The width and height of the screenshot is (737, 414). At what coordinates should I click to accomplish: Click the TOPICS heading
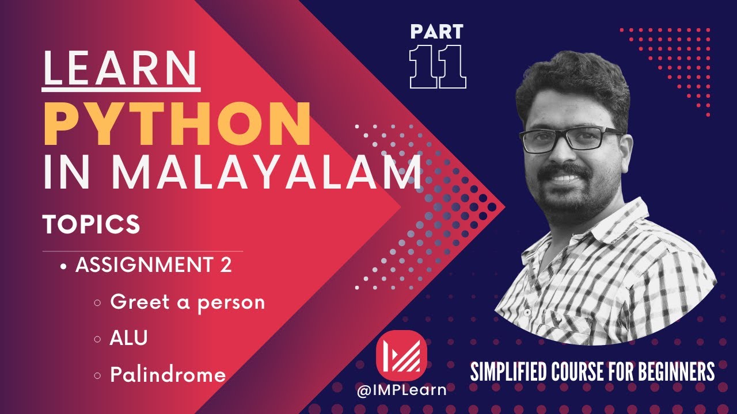[92, 224]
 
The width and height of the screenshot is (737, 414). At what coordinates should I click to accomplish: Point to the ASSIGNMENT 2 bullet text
[154, 266]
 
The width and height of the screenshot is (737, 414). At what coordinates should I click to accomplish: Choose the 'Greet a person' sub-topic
[187, 302]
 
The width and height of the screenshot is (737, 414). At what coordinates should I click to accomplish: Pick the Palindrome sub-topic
[168, 375]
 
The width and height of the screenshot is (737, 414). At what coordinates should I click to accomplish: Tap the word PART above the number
[438, 31]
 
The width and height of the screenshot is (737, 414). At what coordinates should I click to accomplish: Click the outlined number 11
[438, 67]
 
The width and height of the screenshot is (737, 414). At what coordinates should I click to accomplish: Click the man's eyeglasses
[570, 140]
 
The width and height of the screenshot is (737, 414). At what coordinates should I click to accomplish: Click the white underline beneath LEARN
[121, 90]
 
